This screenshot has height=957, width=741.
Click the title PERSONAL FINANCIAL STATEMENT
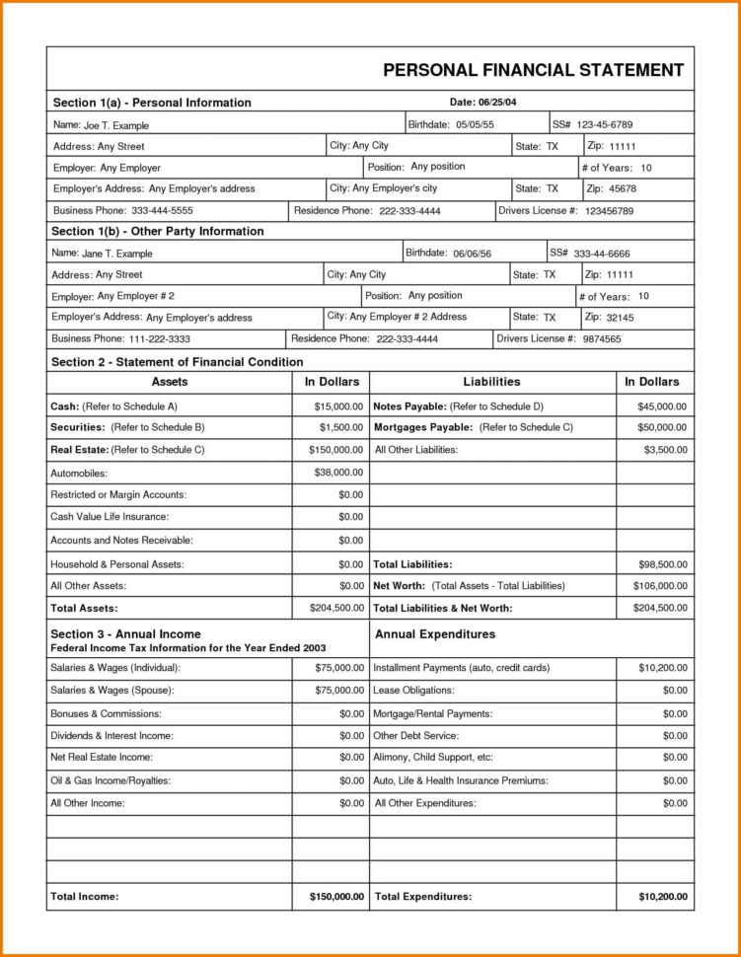point(533,70)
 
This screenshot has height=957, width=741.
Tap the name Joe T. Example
point(115,126)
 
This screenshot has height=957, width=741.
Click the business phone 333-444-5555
point(148,211)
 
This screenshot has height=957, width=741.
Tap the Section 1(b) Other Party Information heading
point(158,232)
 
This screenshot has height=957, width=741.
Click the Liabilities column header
point(491,382)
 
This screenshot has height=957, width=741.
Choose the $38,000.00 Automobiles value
point(338,473)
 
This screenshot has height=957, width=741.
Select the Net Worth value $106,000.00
point(659,586)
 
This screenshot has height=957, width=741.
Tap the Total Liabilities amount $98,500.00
point(662,564)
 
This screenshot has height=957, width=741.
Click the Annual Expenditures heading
point(435,634)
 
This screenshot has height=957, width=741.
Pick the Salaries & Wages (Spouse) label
point(113,691)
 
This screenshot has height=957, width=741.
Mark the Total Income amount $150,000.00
point(331,897)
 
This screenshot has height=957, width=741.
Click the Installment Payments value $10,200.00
point(662,668)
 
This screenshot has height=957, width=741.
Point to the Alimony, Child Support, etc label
point(433,758)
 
